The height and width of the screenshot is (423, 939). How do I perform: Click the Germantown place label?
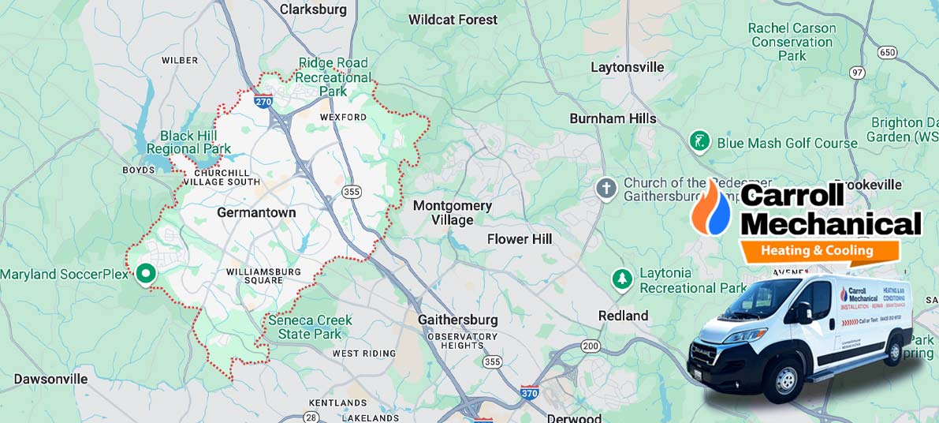pyautogui.click(x=256, y=212)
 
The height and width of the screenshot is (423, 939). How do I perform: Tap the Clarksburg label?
pyautogui.click(x=313, y=9)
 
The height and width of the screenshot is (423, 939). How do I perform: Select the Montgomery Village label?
pyautogui.click(x=453, y=213)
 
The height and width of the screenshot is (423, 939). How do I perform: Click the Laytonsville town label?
pyautogui.click(x=628, y=67)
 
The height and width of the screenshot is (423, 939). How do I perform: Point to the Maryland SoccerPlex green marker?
pyautogui.click(x=145, y=274)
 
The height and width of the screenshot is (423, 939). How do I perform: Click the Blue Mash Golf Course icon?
pyautogui.click(x=699, y=142)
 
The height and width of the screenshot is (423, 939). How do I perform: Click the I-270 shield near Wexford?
pyautogui.click(x=264, y=100)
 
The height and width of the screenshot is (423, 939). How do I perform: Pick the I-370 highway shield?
pyautogui.click(x=531, y=391)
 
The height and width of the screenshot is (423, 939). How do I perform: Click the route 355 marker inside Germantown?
pyautogui.click(x=352, y=191)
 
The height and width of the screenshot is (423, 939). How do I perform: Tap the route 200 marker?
pyautogui.click(x=591, y=346)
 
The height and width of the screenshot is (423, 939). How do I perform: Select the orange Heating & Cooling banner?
pyautogui.click(x=818, y=251)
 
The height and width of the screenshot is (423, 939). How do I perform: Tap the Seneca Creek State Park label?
pyautogui.click(x=310, y=328)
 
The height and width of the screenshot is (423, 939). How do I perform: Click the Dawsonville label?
pyautogui.click(x=50, y=379)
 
